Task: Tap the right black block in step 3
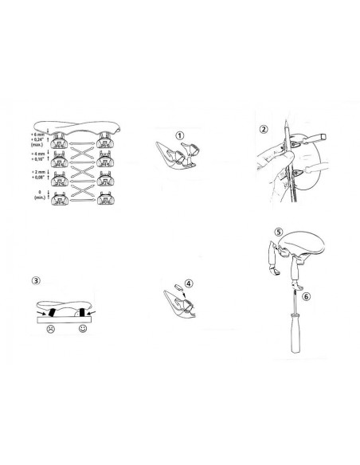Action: [82, 311]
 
